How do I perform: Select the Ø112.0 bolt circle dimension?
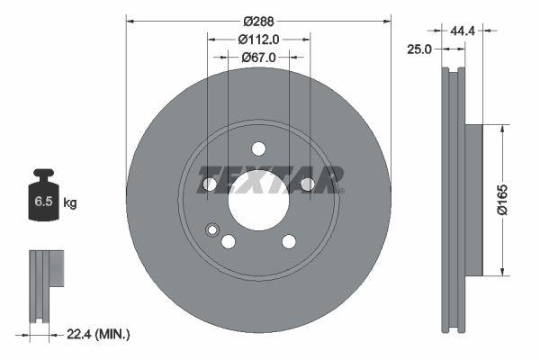pyautogui.click(x=259, y=39)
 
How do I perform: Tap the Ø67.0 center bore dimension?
pyautogui.click(x=259, y=58)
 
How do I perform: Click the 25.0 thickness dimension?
pyautogui.click(x=419, y=49)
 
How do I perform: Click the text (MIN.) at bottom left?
pyautogui.click(x=112, y=335)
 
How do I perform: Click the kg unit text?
pyautogui.click(x=70, y=203)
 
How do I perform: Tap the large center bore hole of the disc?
pyautogui.click(x=258, y=199)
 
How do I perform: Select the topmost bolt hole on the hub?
pyautogui.click(x=258, y=148)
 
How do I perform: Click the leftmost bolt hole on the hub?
pyautogui.click(x=211, y=184)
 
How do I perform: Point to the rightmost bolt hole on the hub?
pyautogui.click(x=307, y=184)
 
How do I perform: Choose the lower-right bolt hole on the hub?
pyautogui.click(x=289, y=241)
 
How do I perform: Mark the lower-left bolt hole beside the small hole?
pyautogui.click(x=229, y=241)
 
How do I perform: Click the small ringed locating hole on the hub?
pyautogui.click(x=212, y=229)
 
